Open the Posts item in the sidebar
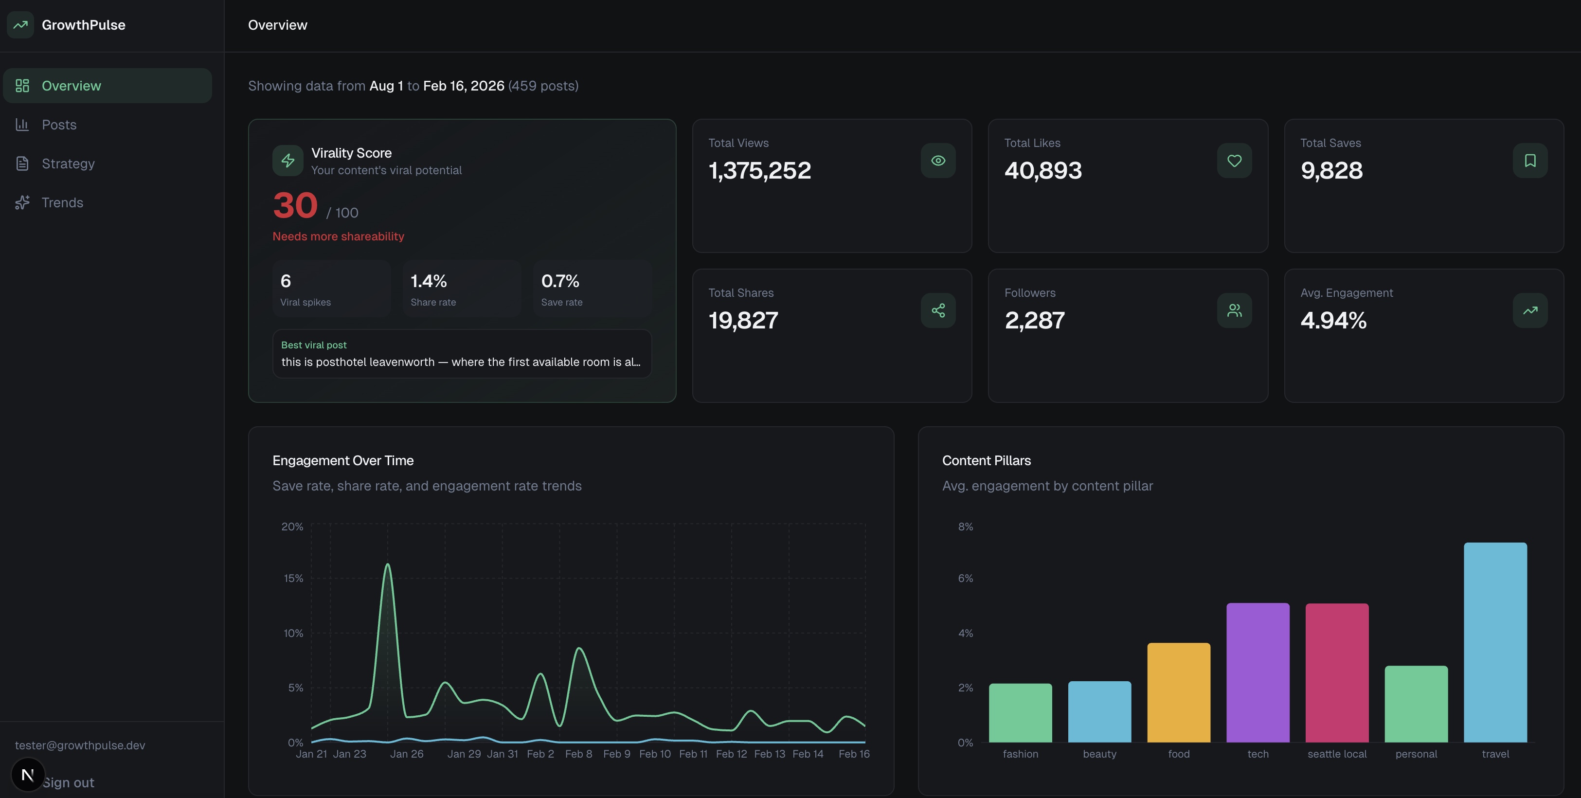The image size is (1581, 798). click(59, 125)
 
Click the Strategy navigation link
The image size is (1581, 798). click(68, 163)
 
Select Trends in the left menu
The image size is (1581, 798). click(62, 202)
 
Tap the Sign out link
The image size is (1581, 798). click(68, 782)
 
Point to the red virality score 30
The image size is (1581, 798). click(295, 206)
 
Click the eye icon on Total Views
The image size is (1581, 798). click(938, 161)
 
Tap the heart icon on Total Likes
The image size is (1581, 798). click(1234, 161)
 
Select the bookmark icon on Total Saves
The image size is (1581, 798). click(1530, 161)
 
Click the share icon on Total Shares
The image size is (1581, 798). click(938, 310)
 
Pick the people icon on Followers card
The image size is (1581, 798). click(1234, 310)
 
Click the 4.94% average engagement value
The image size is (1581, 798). click(1333, 321)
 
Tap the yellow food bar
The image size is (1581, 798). click(1178, 692)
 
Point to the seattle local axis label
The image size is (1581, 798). click(1337, 754)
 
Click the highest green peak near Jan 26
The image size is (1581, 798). click(388, 565)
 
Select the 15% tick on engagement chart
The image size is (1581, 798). click(293, 578)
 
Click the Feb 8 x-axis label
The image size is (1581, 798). click(578, 754)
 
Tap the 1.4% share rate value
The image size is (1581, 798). click(429, 281)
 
